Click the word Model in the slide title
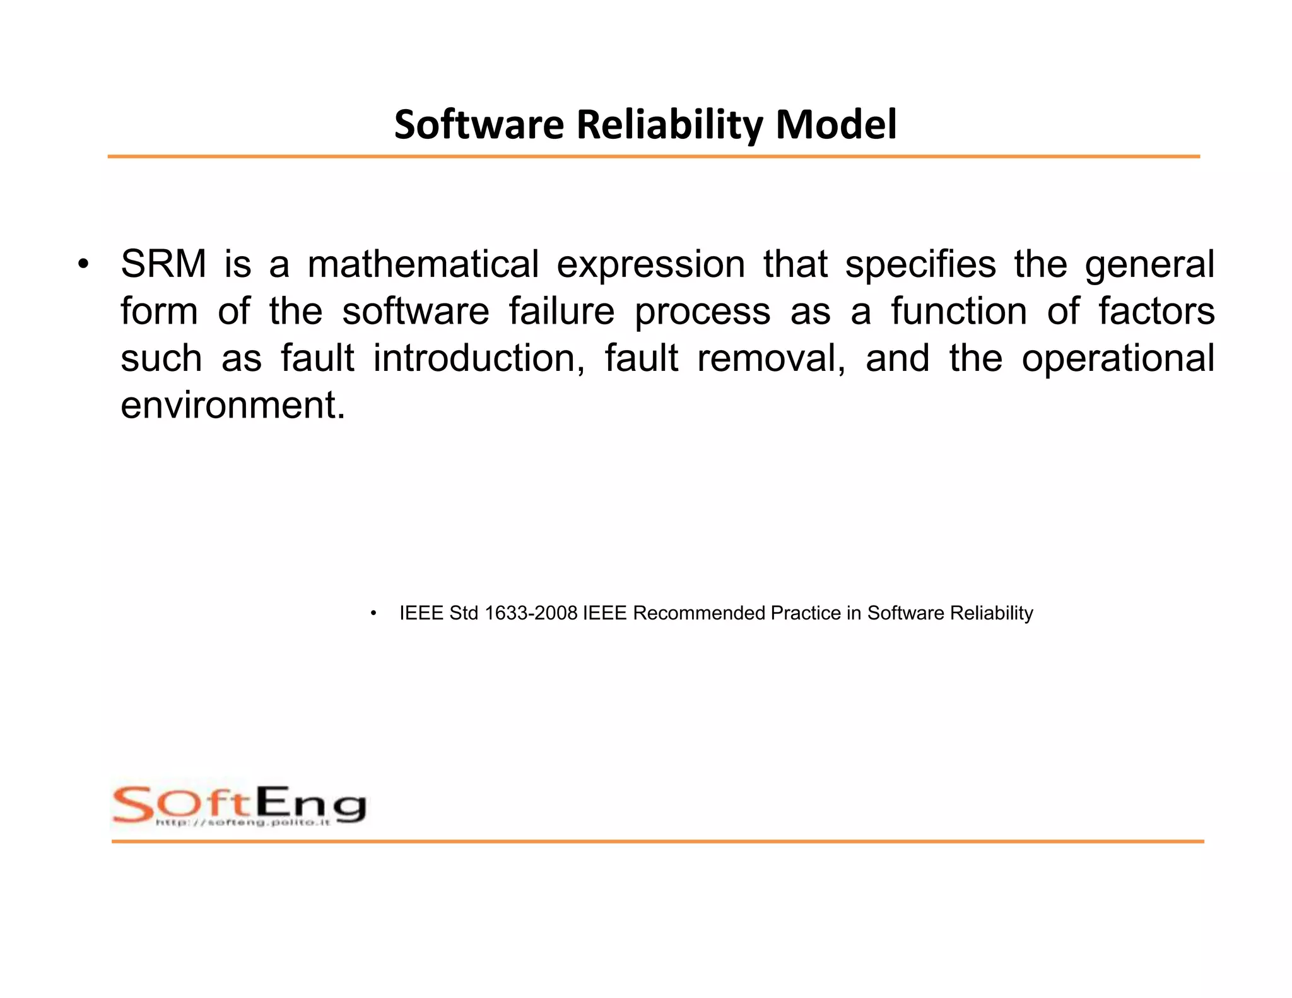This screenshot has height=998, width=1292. [835, 124]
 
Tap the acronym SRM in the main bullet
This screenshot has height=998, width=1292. [163, 264]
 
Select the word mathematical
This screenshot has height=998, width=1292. [423, 264]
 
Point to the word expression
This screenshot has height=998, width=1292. [650, 265]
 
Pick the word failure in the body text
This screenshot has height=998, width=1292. [561, 311]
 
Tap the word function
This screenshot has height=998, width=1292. [959, 311]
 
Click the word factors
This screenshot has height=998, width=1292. [1156, 311]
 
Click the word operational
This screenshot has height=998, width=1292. [1118, 360]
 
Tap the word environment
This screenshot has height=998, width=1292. [233, 405]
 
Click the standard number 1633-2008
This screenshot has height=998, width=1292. [531, 613]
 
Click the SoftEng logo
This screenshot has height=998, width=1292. [238, 806]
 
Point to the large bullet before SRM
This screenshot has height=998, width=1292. [82, 265]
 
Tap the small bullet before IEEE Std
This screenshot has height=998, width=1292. [373, 613]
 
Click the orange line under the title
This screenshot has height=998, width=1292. [653, 156]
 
